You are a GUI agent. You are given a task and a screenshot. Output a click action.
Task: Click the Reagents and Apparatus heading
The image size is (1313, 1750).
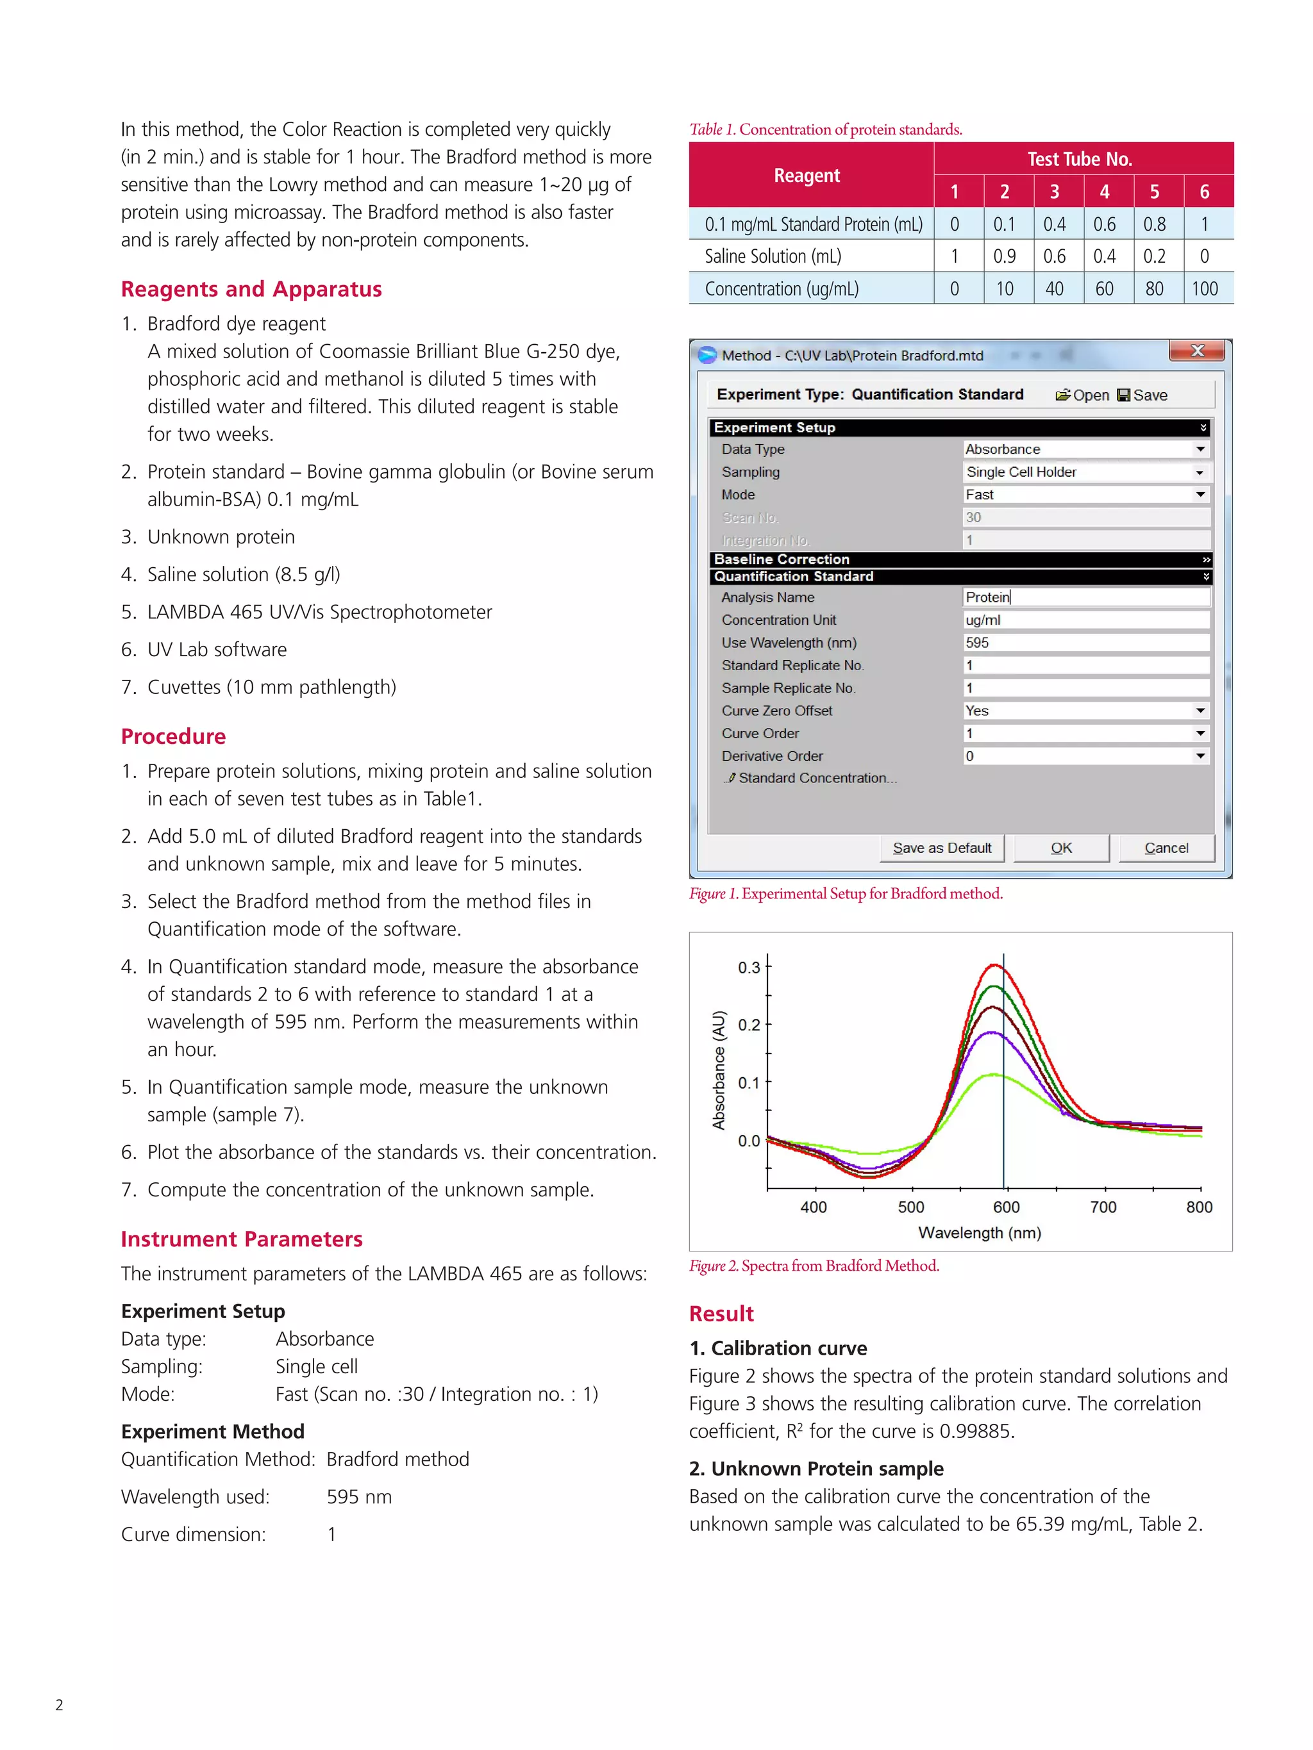click(x=251, y=290)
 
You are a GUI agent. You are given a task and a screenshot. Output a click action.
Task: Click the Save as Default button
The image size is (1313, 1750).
click(x=941, y=848)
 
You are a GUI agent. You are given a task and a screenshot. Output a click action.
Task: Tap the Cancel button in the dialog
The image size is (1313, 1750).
click(x=1165, y=848)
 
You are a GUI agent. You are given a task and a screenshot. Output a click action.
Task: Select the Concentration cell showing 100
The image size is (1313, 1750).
click(x=1204, y=289)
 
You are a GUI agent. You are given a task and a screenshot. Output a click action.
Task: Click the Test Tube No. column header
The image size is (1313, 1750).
click(x=1080, y=159)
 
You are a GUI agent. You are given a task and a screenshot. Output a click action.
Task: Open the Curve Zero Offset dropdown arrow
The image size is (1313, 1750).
click(x=1200, y=711)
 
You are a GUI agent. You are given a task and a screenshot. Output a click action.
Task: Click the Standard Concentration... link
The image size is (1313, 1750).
click(x=815, y=779)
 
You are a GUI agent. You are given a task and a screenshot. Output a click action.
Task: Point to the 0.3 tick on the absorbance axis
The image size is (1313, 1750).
click(x=748, y=968)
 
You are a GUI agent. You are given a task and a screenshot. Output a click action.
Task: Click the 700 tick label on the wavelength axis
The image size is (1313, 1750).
click(x=1103, y=1207)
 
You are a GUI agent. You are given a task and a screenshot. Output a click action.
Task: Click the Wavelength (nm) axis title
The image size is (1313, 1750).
click(x=979, y=1233)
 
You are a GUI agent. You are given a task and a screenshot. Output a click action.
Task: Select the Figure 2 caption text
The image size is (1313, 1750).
click(x=814, y=1266)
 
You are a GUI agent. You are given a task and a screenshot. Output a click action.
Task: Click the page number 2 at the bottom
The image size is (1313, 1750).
click(x=60, y=1705)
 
